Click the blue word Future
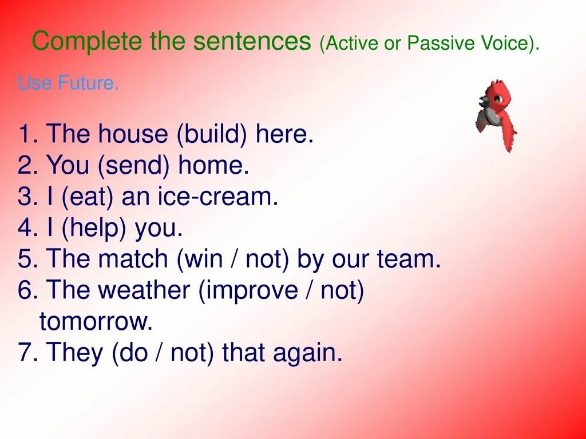tap(88, 82)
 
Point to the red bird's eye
tap(497, 99)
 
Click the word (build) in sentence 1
tap(212, 134)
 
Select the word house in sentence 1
tap(133, 133)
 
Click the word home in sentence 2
tap(213, 165)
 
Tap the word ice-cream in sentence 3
tap(218, 196)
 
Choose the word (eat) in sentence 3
tap(87, 197)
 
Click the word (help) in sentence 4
tap(93, 228)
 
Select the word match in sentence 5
tap(133, 258)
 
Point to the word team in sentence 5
tap(409, 259)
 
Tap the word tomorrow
tap(96, 321)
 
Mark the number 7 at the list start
tap(25, 352)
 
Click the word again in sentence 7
tap(307, 353)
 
